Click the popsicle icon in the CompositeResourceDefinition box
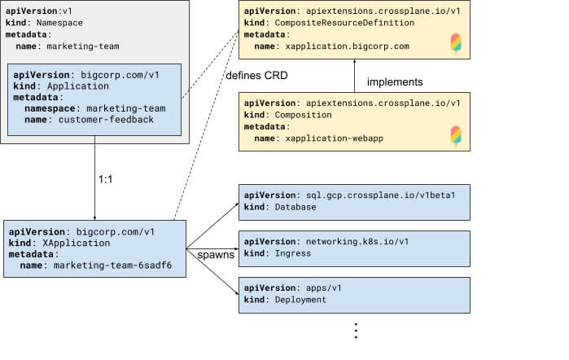coord(456,44)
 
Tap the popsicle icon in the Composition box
coord(456,136)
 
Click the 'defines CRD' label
coord(256,76)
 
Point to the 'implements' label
coord(395,82)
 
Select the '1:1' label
coord(105,179)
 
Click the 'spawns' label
coord(216,255)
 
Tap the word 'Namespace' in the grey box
coord(59,23)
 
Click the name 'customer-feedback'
coord(106,120)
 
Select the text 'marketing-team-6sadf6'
coord(112,266)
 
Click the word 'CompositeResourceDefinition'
coord(344,23)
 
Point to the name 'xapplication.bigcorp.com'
coord(348,46)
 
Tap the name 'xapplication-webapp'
coord(335,138)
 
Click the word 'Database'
coord(295,207)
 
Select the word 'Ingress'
coord(293,253)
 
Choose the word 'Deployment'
coord(300,300)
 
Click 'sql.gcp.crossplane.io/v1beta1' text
coord(381,195)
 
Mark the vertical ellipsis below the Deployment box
coord(356,331)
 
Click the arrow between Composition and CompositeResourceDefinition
coord(355,76)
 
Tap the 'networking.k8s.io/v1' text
coord(357,242)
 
